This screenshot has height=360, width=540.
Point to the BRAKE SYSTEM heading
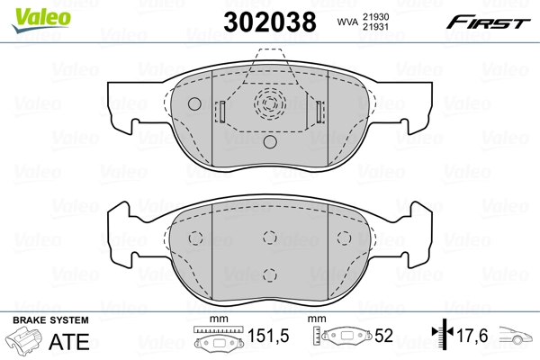[49, 320]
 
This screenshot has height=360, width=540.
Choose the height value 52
[384, 337]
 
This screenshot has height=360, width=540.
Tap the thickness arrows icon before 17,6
[439, 337]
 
